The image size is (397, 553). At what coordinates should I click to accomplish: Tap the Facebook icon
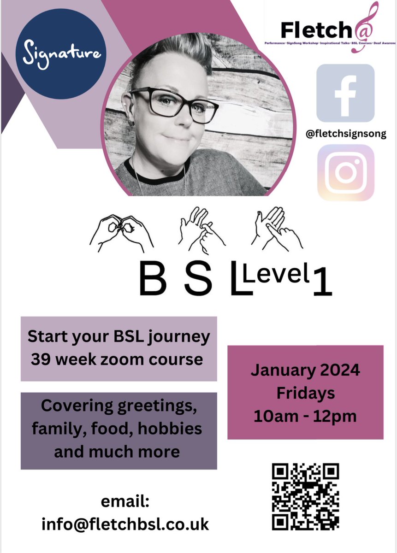click(x=345, y=93)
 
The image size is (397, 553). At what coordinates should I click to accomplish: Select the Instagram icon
click(x=345, y=173)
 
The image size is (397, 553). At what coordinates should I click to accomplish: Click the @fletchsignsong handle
click(x=345, y=134)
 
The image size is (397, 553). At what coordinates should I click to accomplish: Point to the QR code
click(x=306, y=496)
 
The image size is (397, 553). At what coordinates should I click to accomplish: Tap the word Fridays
click(x=305, y=393)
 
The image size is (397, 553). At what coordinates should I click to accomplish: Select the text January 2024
click(x=305, y=370)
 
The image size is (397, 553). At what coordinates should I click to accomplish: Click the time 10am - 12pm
click(x=305, y=416)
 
